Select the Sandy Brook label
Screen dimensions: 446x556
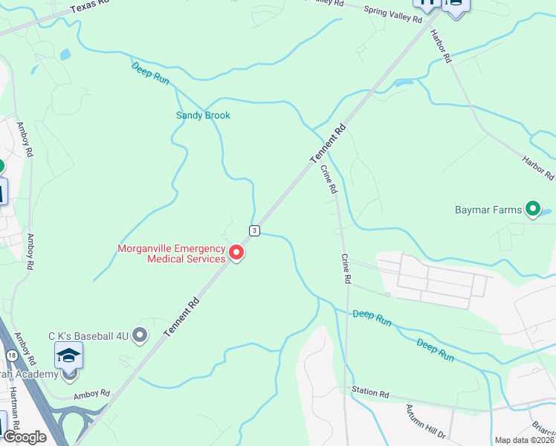tap(203, 115)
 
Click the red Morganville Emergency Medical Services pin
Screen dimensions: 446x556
tap(237, 253)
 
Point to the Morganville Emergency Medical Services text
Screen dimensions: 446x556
tap(172, 253)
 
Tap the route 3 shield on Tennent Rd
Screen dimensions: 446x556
tap(254, 230)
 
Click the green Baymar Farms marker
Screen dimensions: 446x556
tap(532, 210)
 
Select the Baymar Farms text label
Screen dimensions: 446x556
tap(488, 210)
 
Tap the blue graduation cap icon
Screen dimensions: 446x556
tap(68, 355)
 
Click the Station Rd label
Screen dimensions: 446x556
tap(370, 392)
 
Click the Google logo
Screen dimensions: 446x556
tap(25, 437)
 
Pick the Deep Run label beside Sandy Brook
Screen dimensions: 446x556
tap(151, 72)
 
